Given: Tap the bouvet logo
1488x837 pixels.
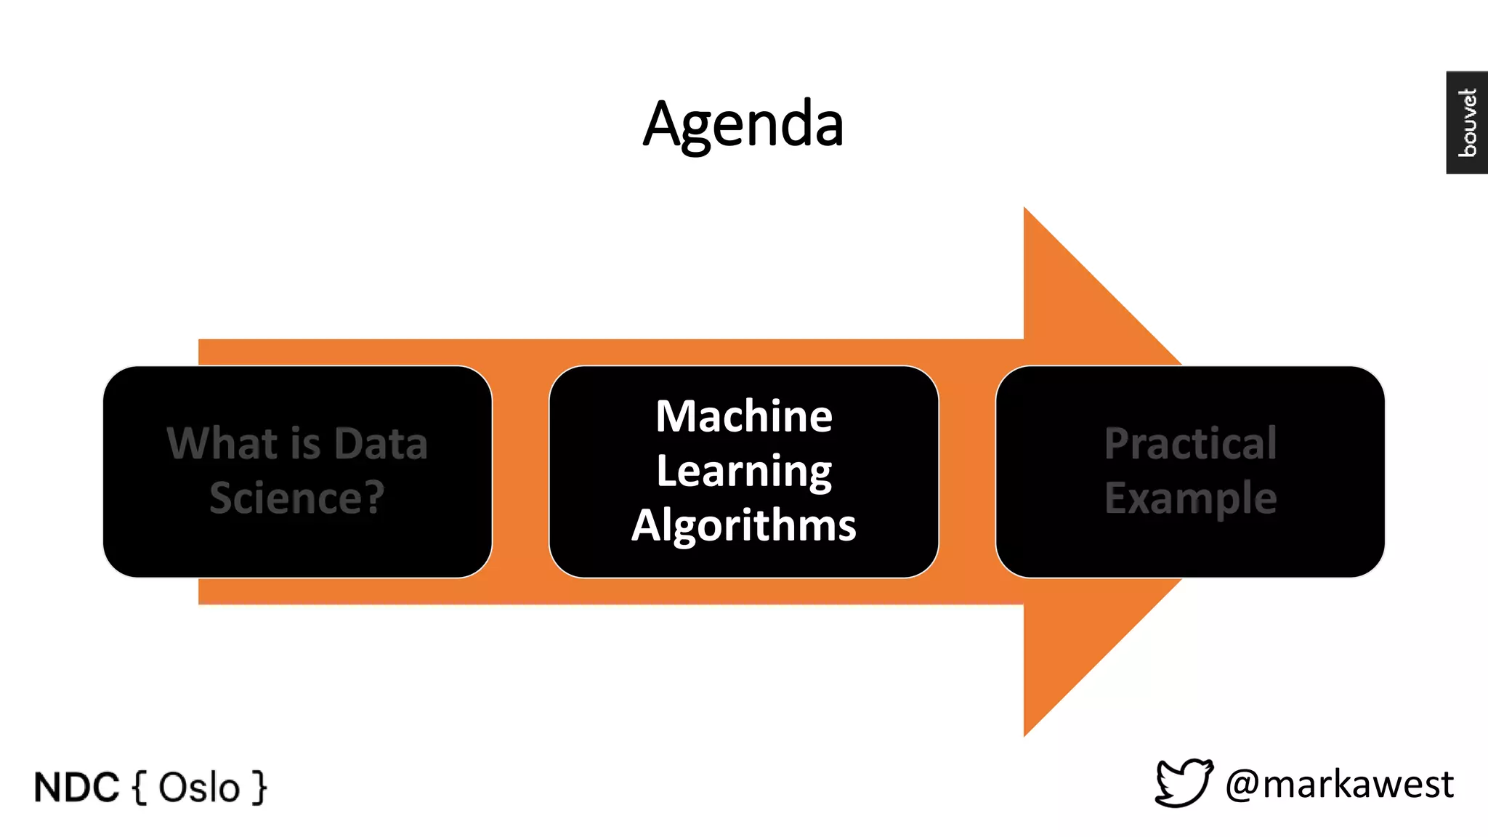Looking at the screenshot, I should click(1467, 123).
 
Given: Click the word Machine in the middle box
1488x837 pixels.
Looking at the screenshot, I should click(744, 416).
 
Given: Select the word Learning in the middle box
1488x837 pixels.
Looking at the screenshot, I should click(744, 471).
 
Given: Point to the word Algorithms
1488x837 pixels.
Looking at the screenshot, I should click(744, 525).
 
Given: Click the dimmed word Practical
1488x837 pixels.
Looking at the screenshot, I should click(1190, 443).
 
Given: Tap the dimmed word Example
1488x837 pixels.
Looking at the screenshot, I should click(1190, 498).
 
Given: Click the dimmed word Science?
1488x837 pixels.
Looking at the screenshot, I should click(297, 498).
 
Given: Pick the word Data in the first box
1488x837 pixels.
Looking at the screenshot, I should click(381, 443).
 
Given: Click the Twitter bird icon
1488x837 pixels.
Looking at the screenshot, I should click(1184, 783).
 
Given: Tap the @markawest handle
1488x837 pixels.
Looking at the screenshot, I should click(1339, 785).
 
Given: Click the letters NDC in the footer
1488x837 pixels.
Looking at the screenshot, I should click(76, 788).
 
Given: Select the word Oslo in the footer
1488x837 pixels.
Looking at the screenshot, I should click(199, 788).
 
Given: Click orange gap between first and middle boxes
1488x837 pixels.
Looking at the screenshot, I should click(520, 472).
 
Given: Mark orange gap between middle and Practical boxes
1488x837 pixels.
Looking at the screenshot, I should click(966, 472).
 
